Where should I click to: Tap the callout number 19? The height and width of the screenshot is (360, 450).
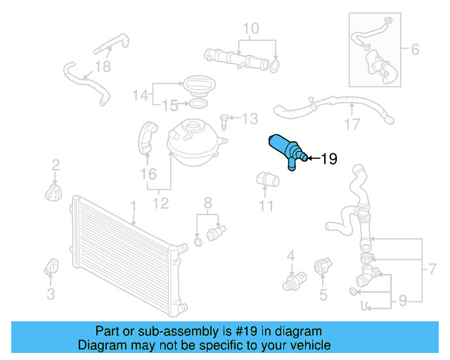[328, 159]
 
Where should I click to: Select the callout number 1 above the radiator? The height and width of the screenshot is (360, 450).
[132, 206]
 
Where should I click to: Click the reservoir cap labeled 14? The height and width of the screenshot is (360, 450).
[199, 88]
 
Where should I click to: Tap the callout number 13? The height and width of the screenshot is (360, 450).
[251, 120]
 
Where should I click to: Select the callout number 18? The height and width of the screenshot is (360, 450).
[103, 67]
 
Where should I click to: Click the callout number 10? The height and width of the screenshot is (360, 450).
[251, 29]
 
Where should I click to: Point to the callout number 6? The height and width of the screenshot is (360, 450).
[414, 50]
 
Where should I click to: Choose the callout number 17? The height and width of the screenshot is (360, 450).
[352, 127]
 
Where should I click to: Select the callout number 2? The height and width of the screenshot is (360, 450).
[56, 165]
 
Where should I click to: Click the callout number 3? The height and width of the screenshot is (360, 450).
[51, 294]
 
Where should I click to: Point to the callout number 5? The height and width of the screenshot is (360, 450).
[323, 295]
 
